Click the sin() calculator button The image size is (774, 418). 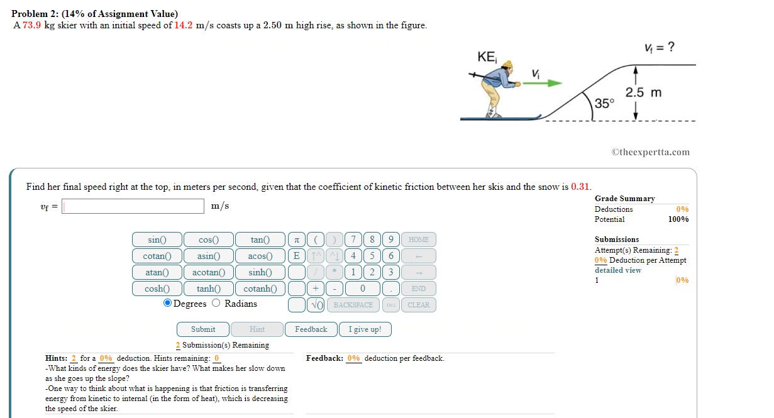(x=157, y=239)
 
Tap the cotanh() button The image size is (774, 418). (x=260, y=289)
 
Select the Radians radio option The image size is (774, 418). (x=216, y=304)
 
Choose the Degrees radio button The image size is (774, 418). (x=167, y=304)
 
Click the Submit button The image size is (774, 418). (x=202, y=329)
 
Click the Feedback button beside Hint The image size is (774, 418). (x=311, y=329)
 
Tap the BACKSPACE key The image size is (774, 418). (x=353, y=305)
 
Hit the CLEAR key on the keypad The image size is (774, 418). (x=418, y=305)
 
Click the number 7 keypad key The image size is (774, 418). (x=354, y=239)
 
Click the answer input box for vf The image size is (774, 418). (x=133, y=206)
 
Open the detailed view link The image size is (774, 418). (x=617, y=270)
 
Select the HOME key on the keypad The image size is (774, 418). (x=418, y=239)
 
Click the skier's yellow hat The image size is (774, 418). (x=507, y=65)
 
